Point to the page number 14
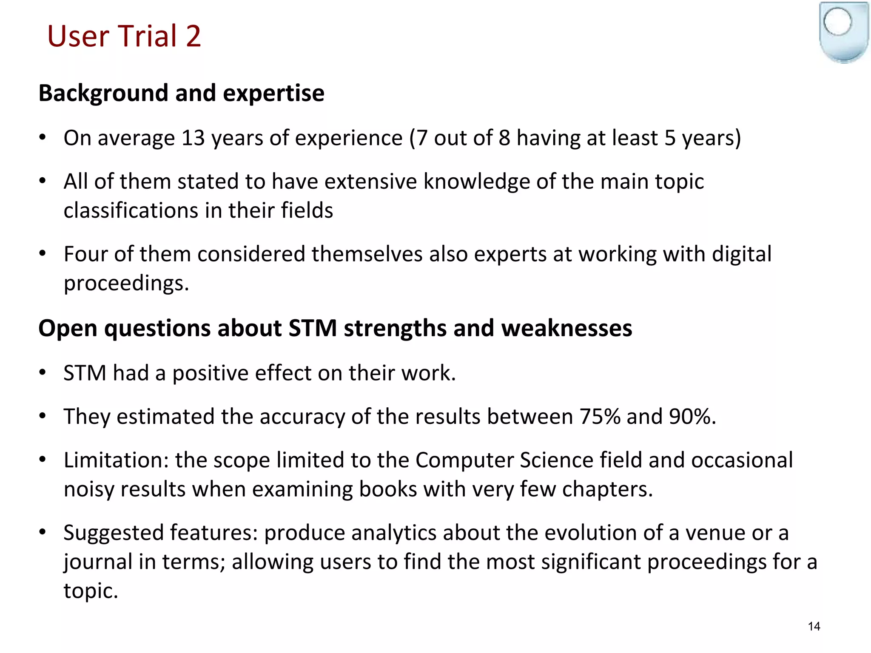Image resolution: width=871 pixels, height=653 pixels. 814,626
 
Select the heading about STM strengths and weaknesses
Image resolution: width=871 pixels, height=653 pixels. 335,328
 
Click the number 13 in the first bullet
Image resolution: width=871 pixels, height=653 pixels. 193,138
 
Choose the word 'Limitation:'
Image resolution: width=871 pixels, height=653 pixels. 116,460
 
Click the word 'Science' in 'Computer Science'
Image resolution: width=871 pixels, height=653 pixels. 557,460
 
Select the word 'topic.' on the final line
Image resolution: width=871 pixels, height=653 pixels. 91,591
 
